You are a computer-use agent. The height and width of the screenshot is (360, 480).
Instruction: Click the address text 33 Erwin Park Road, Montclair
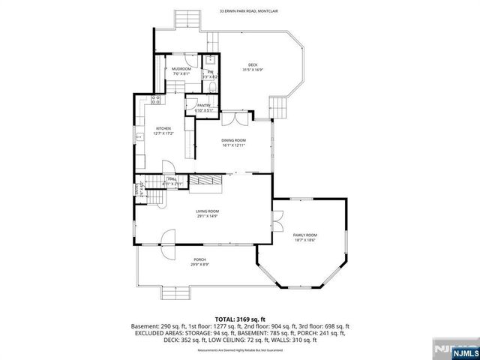[x=247, y=11]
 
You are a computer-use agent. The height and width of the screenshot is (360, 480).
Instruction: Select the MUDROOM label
[x=181, y=69]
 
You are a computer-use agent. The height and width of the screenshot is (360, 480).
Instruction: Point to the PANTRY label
[x=203, y=106]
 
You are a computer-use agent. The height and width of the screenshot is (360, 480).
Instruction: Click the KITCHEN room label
[x=164, y=129]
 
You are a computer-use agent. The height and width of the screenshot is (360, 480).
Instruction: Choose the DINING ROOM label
[x=233, y=140]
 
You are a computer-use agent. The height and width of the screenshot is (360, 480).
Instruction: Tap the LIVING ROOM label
[x=207, y=211]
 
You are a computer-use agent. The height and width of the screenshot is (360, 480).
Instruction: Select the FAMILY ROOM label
[x=304, y=235]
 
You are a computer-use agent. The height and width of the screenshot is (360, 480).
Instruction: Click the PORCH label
[x=199, y=259]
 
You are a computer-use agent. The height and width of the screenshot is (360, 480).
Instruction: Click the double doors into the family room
[x=277, y=220]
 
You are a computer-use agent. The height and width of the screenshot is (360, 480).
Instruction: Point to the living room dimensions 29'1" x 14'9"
[x=207, y=217]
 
